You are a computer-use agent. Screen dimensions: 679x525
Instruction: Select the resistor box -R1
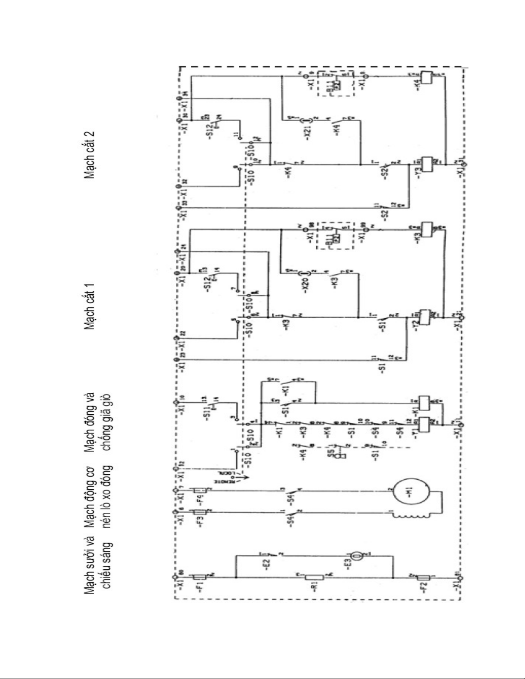coord(316,577)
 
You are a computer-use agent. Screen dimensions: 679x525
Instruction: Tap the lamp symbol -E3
coord(357,556)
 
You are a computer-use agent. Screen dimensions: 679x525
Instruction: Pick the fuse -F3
coord(201,512)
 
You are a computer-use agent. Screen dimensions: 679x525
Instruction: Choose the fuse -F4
coord(201,491)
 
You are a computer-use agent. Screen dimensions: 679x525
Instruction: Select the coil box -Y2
coord(426,317)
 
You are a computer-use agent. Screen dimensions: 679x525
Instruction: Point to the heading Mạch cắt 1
coord(90,306)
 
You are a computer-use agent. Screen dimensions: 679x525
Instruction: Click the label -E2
coord(265,564)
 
